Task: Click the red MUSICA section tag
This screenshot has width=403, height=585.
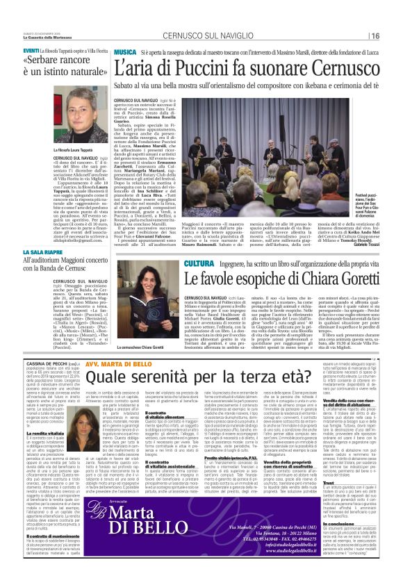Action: pos(125,53)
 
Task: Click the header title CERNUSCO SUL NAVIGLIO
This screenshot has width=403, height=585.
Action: pos(201,36)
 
